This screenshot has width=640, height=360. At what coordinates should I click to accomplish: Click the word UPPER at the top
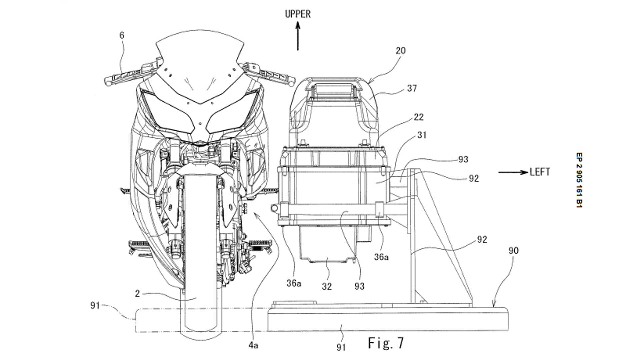click(x=298, y=14)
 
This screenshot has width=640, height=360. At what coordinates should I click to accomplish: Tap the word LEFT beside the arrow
click(x=540, y=172)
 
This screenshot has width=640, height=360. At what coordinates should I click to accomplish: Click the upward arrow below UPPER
click(x=298, y=37)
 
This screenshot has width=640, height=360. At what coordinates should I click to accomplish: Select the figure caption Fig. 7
click(x=386, y=343)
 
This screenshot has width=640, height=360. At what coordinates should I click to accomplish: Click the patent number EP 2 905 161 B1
click(x=579, y=180)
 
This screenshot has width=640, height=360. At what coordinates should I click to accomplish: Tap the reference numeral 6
click(x=122, y=35)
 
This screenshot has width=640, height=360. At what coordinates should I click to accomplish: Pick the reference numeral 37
click(x=412, y=88)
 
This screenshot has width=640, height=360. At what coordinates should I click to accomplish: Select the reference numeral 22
click(x=418, y=117)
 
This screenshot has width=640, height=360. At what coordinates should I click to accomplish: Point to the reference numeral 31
click(x=422, y=135)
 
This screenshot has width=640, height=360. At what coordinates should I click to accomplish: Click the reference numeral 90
click(x=513, y=250)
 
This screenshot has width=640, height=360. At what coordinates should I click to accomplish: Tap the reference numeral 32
click(x=327, y=286)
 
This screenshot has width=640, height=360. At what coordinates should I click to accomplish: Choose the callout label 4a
click(x=253, y=345)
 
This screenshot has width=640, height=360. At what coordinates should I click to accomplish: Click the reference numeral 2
click(x=137, y=293)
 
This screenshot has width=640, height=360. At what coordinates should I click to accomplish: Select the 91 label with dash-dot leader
click(x=95, y=305)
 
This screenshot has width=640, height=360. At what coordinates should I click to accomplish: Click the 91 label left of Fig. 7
click(x=341, y=347)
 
